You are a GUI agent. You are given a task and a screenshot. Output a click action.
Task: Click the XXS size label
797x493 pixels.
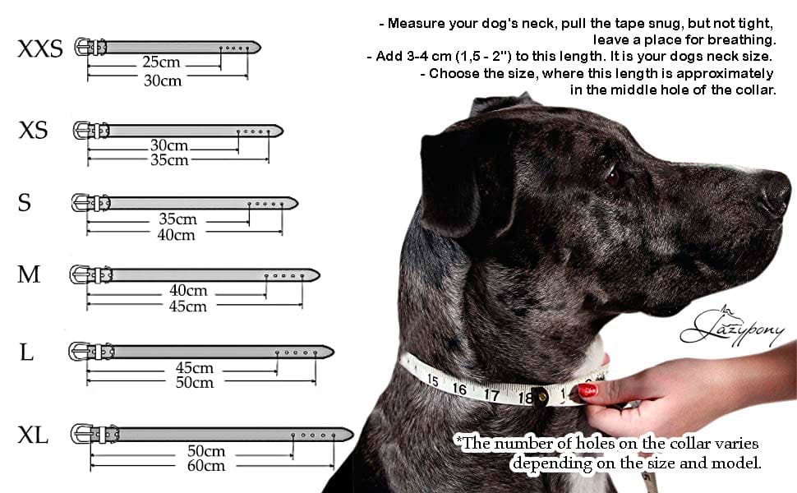tap(40, 48)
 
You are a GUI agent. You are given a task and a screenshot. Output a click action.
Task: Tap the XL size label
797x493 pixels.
tap(33, 435)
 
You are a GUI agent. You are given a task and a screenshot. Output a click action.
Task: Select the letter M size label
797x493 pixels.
tap(29, 274)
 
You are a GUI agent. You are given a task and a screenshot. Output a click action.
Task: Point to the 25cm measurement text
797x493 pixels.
tap(161, 62)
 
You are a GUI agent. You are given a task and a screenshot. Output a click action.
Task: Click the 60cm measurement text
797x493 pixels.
tap(206, 465)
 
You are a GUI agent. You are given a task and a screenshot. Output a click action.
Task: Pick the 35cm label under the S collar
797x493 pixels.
tap(177, 219)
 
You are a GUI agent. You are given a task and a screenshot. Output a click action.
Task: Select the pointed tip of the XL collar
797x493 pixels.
tap(352, 435)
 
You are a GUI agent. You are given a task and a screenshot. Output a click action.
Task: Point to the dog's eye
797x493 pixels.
tap(612, 176)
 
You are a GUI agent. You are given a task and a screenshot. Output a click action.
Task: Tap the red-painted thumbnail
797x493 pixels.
tap(587, 390)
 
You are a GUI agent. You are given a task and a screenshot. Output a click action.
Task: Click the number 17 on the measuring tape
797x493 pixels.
tap(491, 394)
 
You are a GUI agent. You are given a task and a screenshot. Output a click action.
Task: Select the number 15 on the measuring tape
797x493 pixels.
tap(432, 380)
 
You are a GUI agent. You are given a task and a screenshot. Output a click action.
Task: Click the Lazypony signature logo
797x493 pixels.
tap(732, 328)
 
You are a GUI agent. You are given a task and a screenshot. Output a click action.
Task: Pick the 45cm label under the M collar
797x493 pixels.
tap(187, 306)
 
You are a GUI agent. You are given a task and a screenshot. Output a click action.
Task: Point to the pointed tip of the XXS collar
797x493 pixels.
tap(260, 48)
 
